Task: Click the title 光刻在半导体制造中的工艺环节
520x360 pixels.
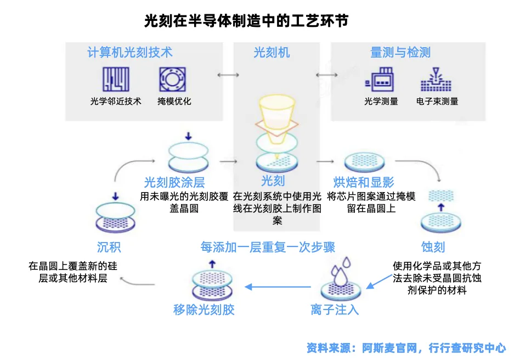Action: (246, 21)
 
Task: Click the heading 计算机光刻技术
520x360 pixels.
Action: (130, 52)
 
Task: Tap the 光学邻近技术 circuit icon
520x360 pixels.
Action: (116, 80)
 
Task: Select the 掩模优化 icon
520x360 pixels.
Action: (173, 80)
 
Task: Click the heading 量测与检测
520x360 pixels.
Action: (400, 53)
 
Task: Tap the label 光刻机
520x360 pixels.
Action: (272, 53)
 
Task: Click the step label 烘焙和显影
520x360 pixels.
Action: (364, 182)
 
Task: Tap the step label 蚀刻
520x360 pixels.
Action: (433, 247)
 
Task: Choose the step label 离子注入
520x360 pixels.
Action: (335, 310)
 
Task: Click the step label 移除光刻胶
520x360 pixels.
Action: (204, 310)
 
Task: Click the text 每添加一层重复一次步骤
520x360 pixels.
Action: (268, 247)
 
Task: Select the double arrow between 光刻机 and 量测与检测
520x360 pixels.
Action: (326, 75)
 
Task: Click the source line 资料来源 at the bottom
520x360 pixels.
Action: (406, 347)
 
